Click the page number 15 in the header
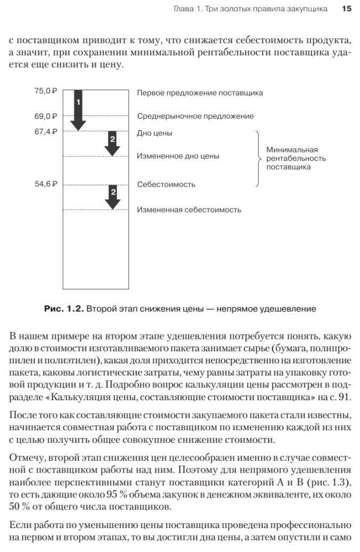347,9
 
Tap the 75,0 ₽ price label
46,91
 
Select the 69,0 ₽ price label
46,116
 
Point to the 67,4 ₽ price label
46,132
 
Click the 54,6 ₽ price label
46,184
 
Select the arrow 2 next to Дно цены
112,143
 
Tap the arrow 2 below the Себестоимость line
112,197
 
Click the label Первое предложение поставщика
200,92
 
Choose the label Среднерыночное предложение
195,116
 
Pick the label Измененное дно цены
178,157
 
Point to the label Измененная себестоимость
189,210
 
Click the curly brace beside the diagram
259,158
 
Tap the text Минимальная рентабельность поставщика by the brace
296,158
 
